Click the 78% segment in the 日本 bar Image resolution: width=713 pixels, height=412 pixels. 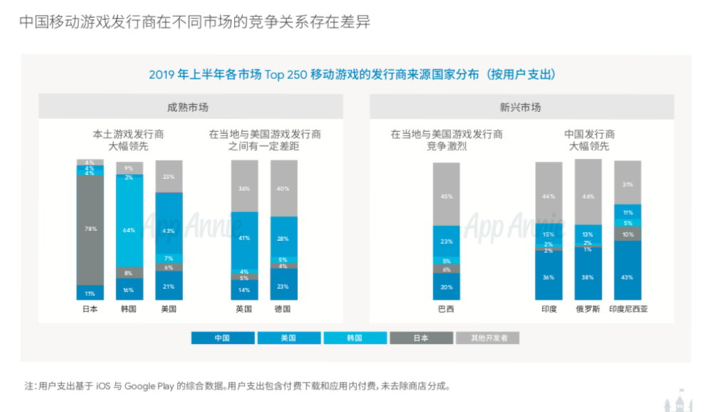coord(90,229)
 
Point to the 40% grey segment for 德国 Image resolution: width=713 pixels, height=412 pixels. coord(283,188)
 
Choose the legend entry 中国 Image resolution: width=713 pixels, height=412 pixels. coord(222,338)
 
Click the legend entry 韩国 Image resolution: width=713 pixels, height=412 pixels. coord(355,338)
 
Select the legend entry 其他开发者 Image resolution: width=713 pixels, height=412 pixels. coord(487,338)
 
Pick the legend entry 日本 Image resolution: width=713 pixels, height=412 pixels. coord(421,338)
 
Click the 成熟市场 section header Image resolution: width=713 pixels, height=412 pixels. coord(190,108)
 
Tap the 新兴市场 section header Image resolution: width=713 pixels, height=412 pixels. coord(520,108)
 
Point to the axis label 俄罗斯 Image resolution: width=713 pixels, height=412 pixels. coord(588,309)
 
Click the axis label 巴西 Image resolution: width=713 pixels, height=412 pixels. coord(446,309)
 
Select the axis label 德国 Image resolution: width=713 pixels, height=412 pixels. coord(283,309)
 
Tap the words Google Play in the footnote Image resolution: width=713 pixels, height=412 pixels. coord(149,386)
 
